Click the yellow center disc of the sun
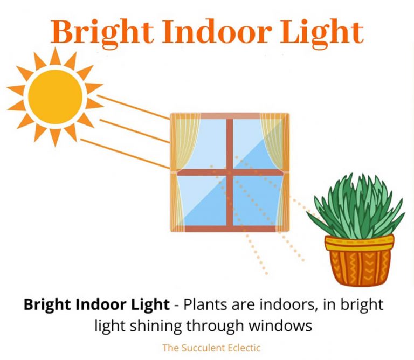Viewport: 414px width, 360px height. [55, 97]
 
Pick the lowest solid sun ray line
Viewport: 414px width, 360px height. [124, 153]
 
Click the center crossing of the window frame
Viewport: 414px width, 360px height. [230, 172]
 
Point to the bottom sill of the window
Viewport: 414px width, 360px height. [230, 229]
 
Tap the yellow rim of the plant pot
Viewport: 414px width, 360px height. [359, 243]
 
